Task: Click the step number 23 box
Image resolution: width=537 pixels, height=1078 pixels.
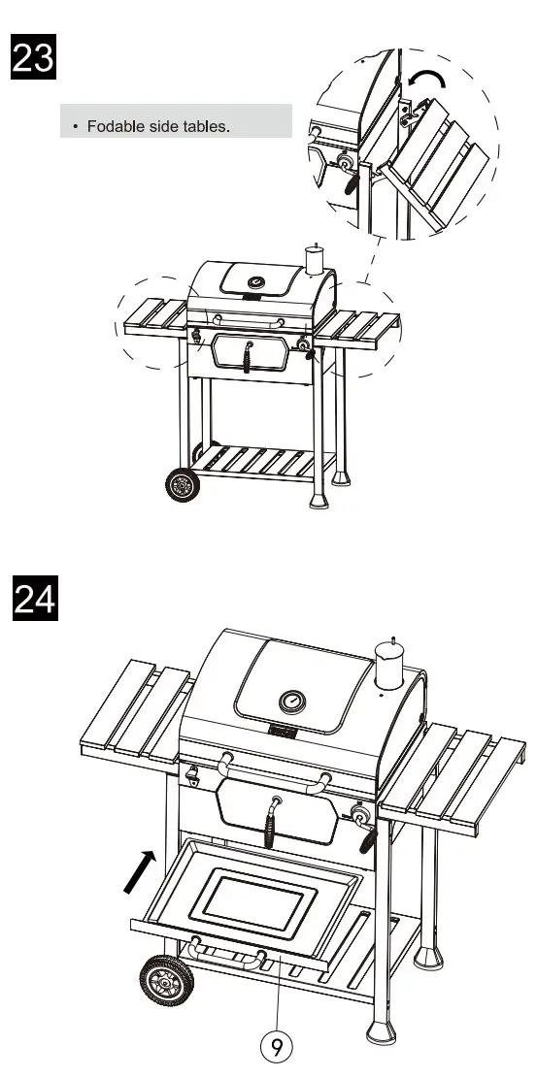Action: (33, 59)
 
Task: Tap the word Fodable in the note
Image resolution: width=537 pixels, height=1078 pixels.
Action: (115, 127)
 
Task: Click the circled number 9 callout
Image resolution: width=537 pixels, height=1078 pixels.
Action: (277, 1046)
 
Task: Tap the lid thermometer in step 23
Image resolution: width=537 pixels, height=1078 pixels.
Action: (256, 283)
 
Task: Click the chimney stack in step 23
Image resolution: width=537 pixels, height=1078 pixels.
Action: (314, 259)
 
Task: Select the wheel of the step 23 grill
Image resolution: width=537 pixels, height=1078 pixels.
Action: (180, 484)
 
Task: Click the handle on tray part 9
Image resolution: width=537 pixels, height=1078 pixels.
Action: (229, 956)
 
